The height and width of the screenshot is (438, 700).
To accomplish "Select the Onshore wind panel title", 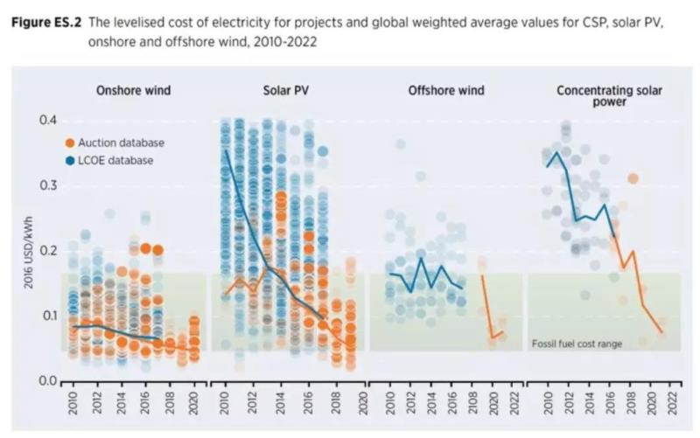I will [133, 90].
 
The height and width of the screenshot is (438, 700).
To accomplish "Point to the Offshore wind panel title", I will [445, 90].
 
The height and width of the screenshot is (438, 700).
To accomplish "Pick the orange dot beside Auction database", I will [70, 143].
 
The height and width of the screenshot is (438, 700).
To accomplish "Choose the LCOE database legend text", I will [115, 160].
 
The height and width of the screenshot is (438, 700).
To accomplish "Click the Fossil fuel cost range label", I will [577, 344].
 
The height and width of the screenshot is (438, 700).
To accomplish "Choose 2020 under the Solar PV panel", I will [349, 405].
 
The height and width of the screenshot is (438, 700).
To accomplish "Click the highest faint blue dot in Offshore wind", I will [400, 144].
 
